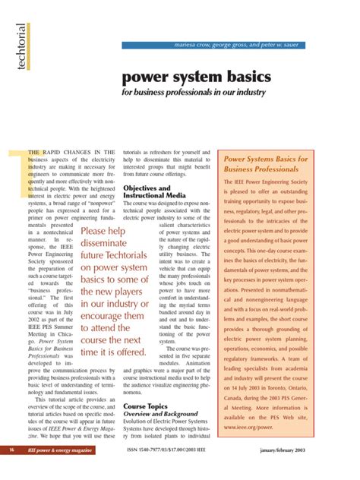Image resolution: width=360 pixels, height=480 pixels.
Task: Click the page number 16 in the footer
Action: (13, 471)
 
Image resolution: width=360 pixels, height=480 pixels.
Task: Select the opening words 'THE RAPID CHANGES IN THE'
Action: (71, 153)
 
